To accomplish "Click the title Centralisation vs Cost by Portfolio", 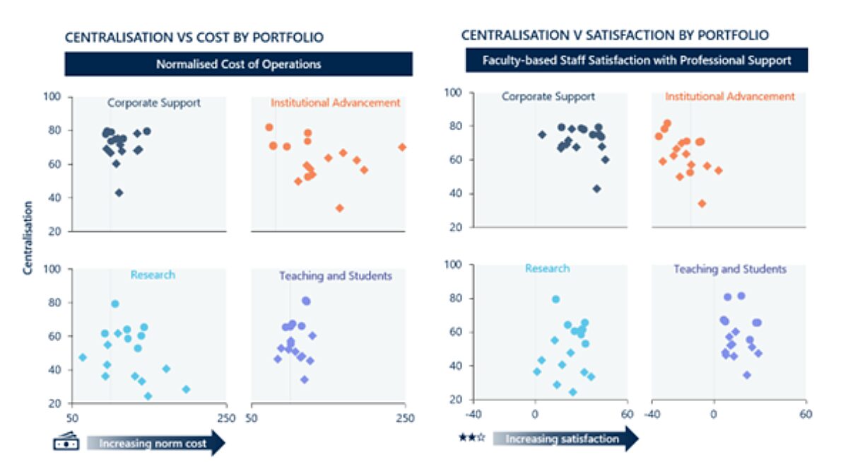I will pyautogui.click(x=194, y=38).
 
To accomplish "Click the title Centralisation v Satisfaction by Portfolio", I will pyautogui.click(x=615, y=35).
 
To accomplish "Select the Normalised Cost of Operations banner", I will pyautogui.click(x=239, y=64).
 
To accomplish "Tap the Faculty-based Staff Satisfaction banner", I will pyautogui.click(x=636, y=60).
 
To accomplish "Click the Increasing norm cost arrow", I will pyautogui.click(x=155, y=444).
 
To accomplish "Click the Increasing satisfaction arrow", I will pyautogui.click(x=565, y=439).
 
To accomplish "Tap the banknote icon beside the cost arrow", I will pyautogui.click(x=66, y=442).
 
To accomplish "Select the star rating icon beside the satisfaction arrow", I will pyautogui.click(x=472, y=439).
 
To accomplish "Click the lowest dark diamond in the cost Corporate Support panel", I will pyautogui.click(x=119, y=192).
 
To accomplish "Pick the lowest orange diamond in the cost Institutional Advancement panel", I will pyautogui.click(x=339, y=208).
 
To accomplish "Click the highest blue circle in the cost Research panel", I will pyautogui.click(x=115, y=304).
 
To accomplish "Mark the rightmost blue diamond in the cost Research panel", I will pyautogui.click(x=186, y=389).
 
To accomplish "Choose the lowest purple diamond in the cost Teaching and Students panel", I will pyautogui.click(x=305, y=379).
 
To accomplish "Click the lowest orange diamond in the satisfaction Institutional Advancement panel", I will pyautogui.click(x=702, y=203).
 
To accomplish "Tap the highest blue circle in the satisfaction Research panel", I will pyautogui.click(x=555, y=299).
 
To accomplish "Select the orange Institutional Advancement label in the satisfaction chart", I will pyautogui.click(x=730, y=96).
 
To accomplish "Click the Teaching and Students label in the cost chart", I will pyautogui.click(x=335, y=276).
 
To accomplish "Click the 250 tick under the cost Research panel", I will pyautogui.click(x=226, y=417).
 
